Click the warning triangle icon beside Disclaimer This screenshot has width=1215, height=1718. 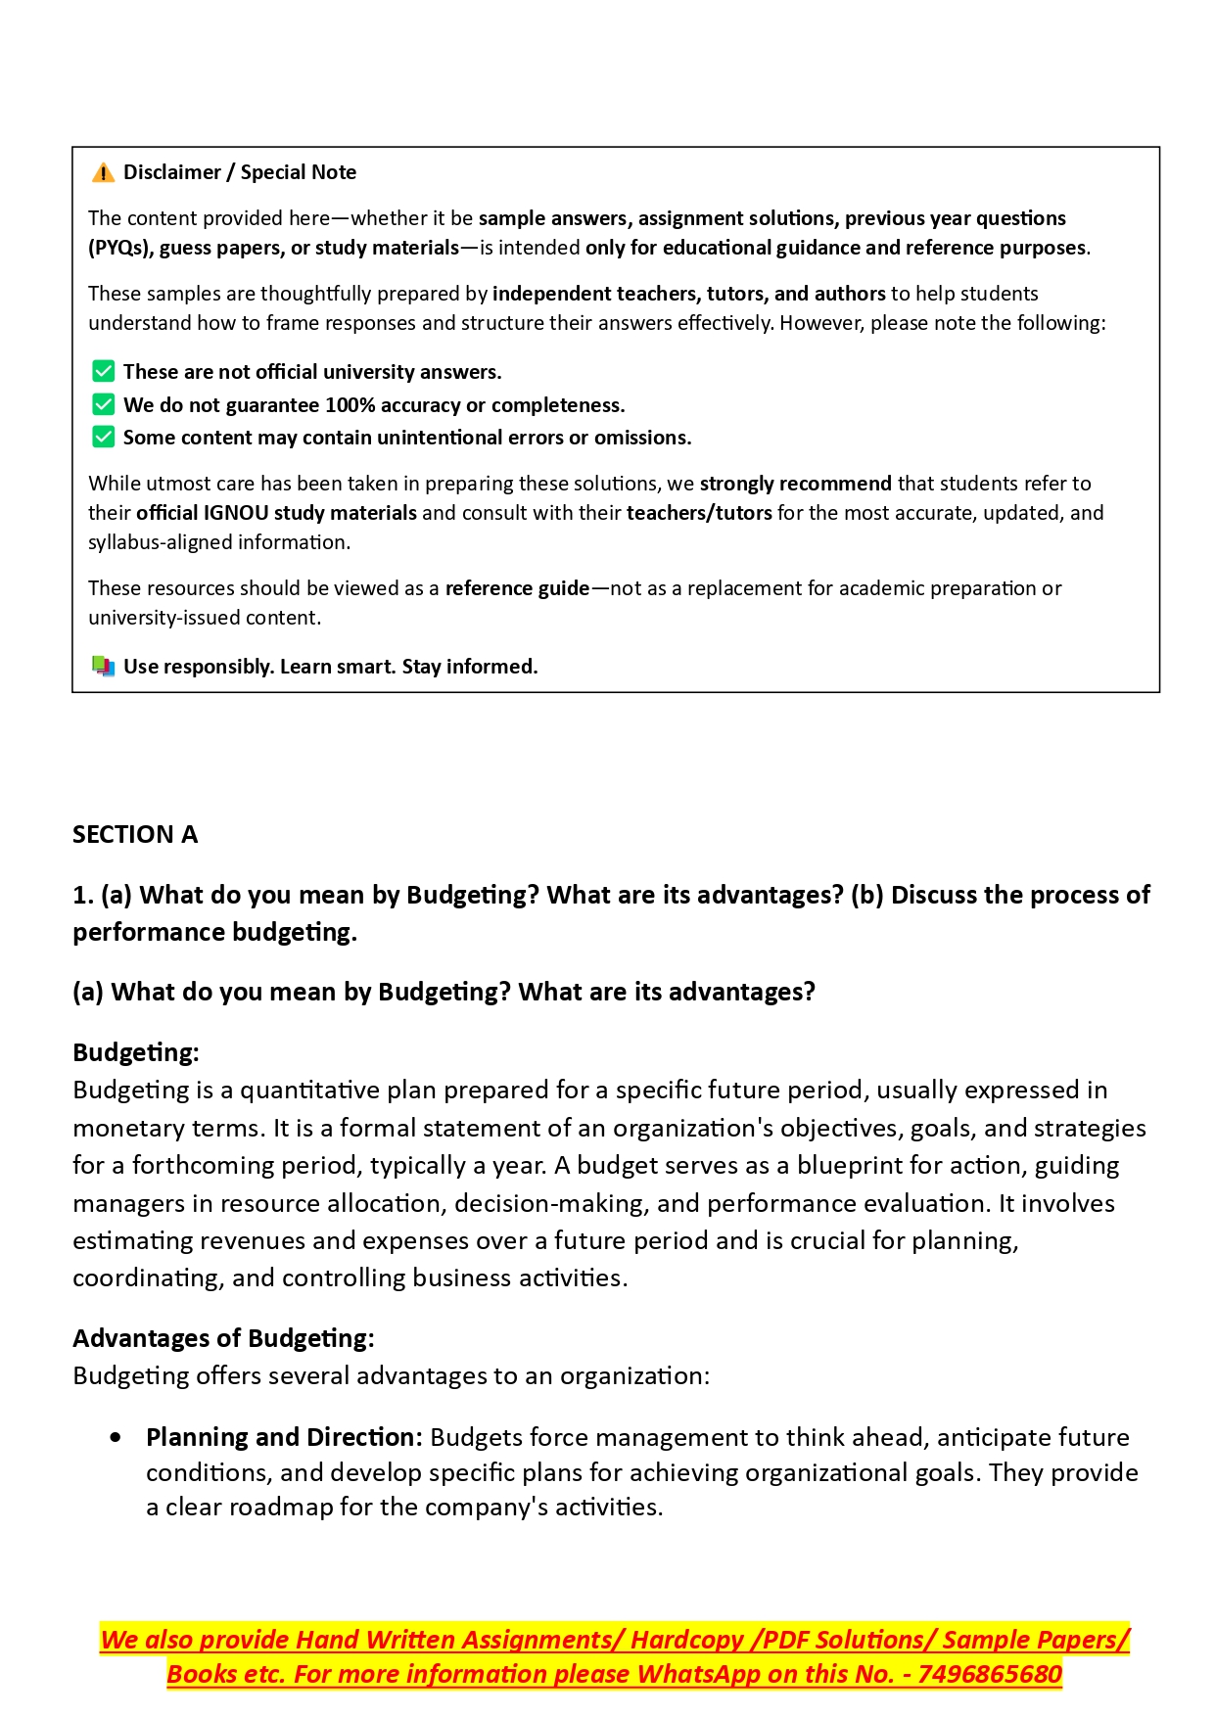pyautogui.click(x=103, y=173)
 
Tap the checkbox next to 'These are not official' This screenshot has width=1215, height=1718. pyautogui.click(x=103, y=372)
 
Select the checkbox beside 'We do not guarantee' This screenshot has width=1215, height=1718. pyautogui.click(x=103, y=405)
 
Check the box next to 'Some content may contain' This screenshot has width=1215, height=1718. pyautogui.click(x=103, y=438)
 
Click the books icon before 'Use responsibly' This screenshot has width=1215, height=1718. pyautogui.click(x=103, y=667)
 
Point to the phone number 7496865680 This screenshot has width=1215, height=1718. pyautogui.click(x=990, y=1675)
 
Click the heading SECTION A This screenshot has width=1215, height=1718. pyautogui.click(x=135, y=835)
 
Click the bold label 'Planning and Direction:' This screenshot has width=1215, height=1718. pyautogui.click(x=284, y=1437)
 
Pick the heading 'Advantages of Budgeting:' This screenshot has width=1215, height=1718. pyautogui.click(x=223, y=1338)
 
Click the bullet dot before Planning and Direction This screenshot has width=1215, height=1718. pyautogui.click(x=117, y=1437)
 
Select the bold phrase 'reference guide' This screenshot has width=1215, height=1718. pyautogui.click(x=517, y=588)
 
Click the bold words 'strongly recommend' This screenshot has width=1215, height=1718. pyautogui.click(x=795, y=484)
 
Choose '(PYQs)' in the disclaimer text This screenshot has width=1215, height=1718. pyautogui.click(x=120, y=248)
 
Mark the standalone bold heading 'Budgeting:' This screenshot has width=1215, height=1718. pyautogui.click(x=136, y=1053)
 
